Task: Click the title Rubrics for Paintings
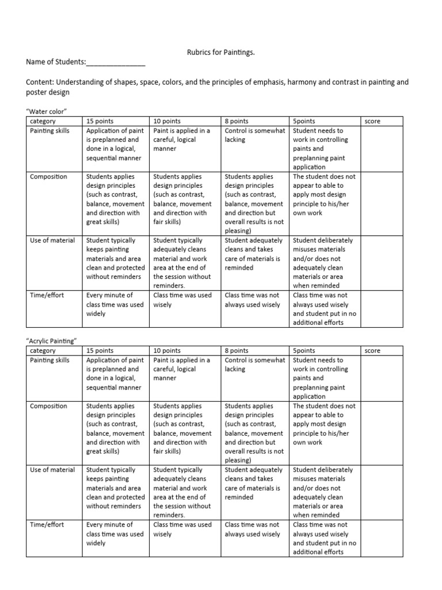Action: click(x=221, y=52)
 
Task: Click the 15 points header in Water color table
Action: click(x=100, y=121)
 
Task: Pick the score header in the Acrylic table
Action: click(x=372, y=350)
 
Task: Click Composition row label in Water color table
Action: click(x=48, y=177)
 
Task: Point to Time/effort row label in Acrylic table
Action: click(x=47, y=525)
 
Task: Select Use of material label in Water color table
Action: click(x=52, y=240)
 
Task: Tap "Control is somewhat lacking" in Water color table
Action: click(x=254, y=135)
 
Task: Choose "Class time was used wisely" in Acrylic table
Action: click(x=182, y=529)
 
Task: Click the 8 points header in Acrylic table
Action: click(x=237, y=350)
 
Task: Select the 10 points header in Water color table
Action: click(x=167, y=121)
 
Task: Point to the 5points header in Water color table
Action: click(x=304, y=121)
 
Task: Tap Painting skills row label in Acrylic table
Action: click(x=49, y=360)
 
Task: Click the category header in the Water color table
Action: click(x=43, y=121)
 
